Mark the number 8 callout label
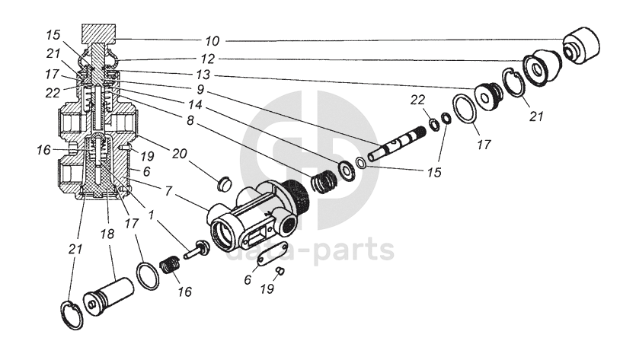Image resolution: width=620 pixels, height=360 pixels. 190,119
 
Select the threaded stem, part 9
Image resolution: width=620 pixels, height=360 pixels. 395,145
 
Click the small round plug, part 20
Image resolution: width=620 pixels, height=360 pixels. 223,183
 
